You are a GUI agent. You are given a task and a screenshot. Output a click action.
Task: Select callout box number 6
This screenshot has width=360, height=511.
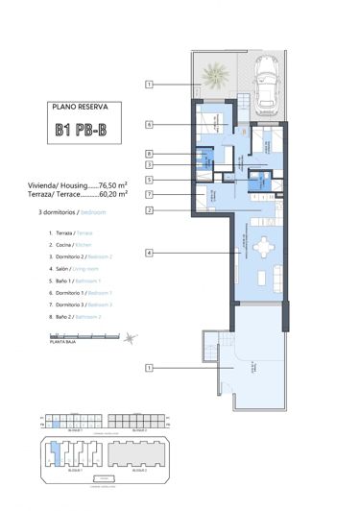pyautogui.click(x=150, y=124)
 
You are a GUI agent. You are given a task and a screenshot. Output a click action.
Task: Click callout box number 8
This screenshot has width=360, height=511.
pyautogui.click(x=150, y=153)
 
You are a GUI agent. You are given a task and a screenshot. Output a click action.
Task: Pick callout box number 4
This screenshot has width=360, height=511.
pyautogui.click(x=150, y=253)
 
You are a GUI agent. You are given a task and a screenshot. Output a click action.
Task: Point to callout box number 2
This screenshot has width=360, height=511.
pyautogui.click(x=150, y=209)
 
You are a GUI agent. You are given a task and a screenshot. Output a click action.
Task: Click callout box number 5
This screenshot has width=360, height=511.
pyautogui.click(x=150, y=180)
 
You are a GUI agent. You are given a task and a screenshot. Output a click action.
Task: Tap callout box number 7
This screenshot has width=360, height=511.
pyautogui.click(x=150, y=195)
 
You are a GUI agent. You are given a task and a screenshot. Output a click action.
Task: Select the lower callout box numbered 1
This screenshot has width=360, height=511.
pyautogui.click(x=150, y=367)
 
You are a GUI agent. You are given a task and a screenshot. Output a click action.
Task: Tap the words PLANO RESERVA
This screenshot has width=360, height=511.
pyautogui.click(x=81, y=109)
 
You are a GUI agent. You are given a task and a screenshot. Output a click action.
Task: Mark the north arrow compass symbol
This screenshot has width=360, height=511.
pyautogui.click(x=130, y=336)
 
